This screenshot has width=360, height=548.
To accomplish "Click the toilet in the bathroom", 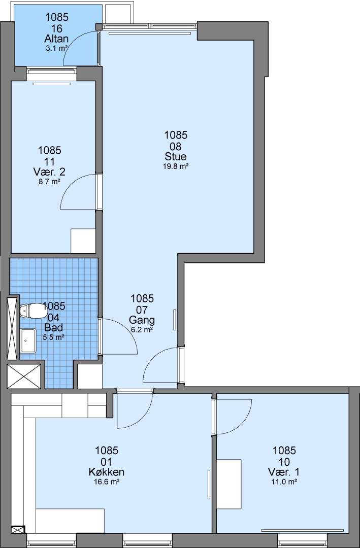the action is [x=31, y=311].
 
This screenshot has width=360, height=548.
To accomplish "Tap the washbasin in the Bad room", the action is [x=28, y=340].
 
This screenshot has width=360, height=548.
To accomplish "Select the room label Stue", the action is [x=176, y=157].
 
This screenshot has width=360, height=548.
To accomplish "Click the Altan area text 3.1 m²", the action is [x=56, y=49].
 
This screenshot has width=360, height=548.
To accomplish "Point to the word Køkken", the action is [x=107, y=472].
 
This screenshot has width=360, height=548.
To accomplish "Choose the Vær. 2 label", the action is [x=49, y=172].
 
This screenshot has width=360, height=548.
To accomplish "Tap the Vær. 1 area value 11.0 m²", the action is [x=285, y=482].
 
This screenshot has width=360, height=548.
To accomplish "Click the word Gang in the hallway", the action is [x=142, y=320].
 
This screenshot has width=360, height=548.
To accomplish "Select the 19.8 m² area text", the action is [x=176, y=166].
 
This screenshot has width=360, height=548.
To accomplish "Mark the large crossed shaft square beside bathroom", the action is [x=24, y=376].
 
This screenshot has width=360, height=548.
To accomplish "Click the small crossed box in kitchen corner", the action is [x=18, y=530].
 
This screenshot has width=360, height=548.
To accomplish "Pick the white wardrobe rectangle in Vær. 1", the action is [x=229, y=485].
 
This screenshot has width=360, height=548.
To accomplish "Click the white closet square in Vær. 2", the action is [x=83, y=241].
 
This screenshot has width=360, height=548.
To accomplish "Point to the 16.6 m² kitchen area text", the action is [x=107, y=482].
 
